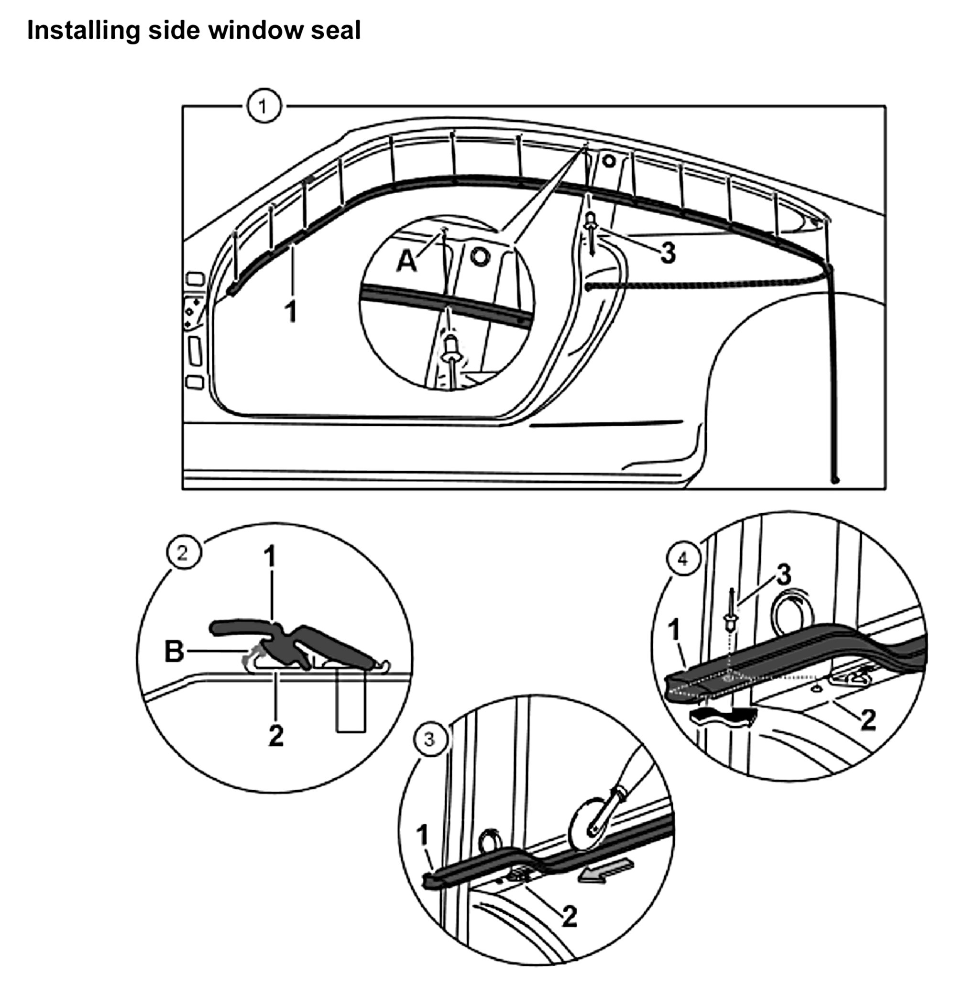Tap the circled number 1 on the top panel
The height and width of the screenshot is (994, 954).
click(263, 107)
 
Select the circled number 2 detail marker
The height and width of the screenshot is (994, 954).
click(183, 553)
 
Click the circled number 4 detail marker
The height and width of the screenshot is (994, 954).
click(683, 559)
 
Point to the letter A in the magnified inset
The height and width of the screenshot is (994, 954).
click(406, 262)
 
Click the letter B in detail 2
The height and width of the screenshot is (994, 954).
click(174, 651)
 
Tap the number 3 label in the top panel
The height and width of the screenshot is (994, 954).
click(668, 253)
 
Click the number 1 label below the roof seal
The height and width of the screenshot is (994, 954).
click(291, 312)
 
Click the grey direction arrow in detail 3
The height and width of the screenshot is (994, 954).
click(606, 871)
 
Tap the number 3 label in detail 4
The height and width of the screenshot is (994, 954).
click(784, 575)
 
